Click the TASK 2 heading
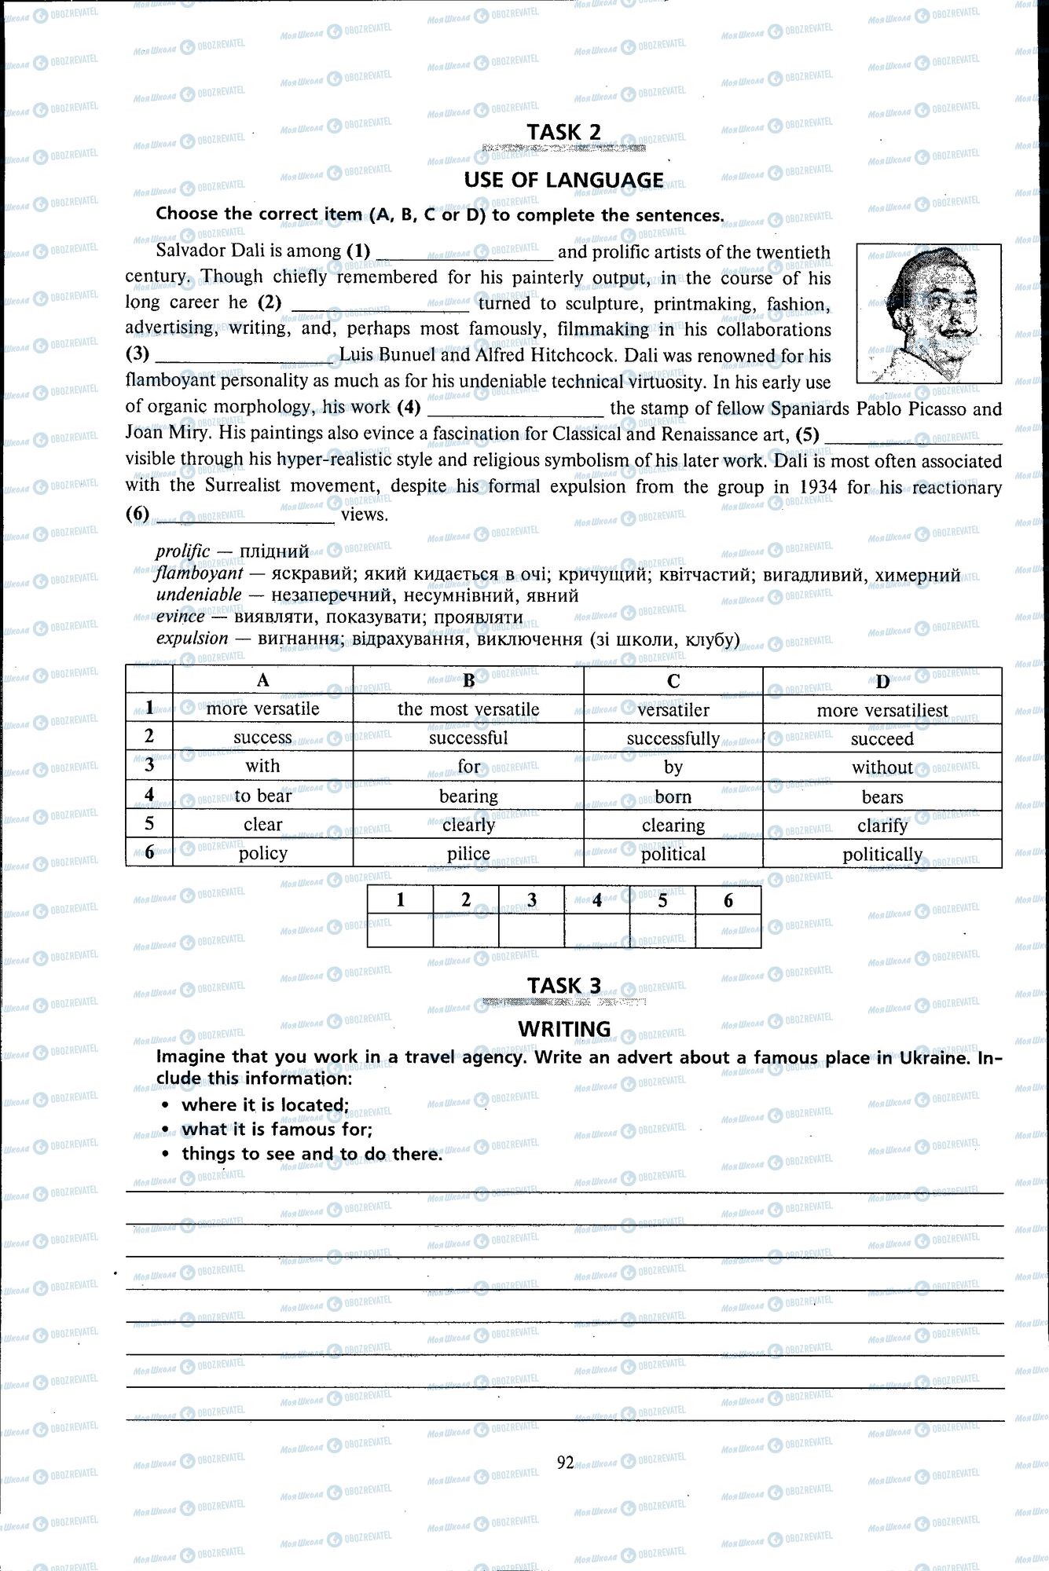(563, 132)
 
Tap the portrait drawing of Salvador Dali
(929, 313)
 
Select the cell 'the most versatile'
(468, 709)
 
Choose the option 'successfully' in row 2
(673, 738)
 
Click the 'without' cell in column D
(882, 767)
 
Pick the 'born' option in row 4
(673, 796)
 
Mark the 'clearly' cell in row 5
(468, 825)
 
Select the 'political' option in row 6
(673, 854)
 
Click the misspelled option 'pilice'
(468, 854)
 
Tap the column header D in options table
(882, 681)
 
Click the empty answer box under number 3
(531, 932)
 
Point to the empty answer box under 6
(728, 932)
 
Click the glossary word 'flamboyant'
(199, 573)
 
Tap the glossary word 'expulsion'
(192, 638)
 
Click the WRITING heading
(563, 1029)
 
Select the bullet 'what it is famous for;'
(277, 1130)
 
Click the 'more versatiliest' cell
(882, 710)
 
